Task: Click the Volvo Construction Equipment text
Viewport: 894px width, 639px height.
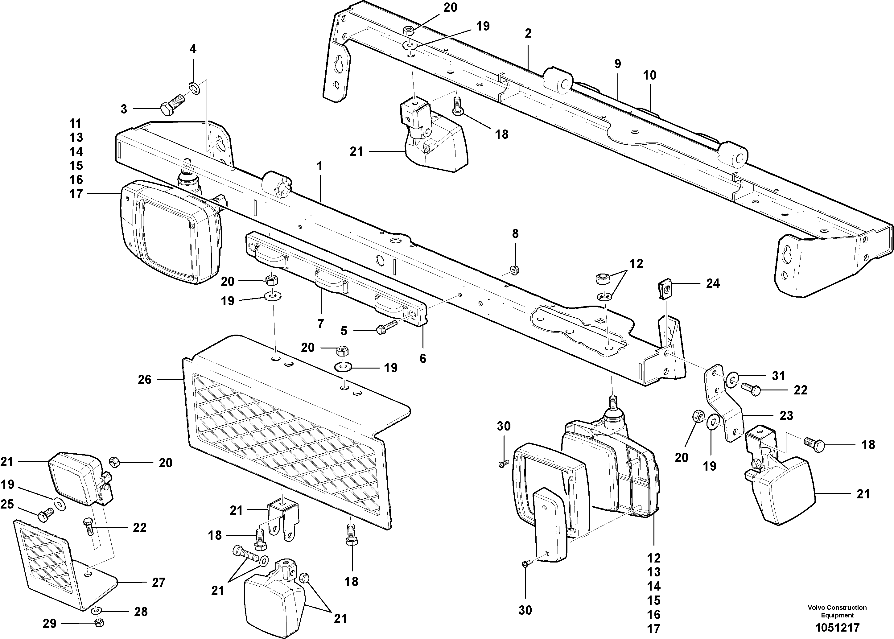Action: [837, 611]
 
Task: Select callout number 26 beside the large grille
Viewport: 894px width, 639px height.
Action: [144, 380]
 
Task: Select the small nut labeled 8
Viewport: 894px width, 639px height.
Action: [513, 270]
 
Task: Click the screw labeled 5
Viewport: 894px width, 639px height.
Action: [385, 328]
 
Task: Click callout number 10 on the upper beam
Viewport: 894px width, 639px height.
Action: [650, 75]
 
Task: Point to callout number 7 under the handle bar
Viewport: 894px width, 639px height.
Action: [320, 324]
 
